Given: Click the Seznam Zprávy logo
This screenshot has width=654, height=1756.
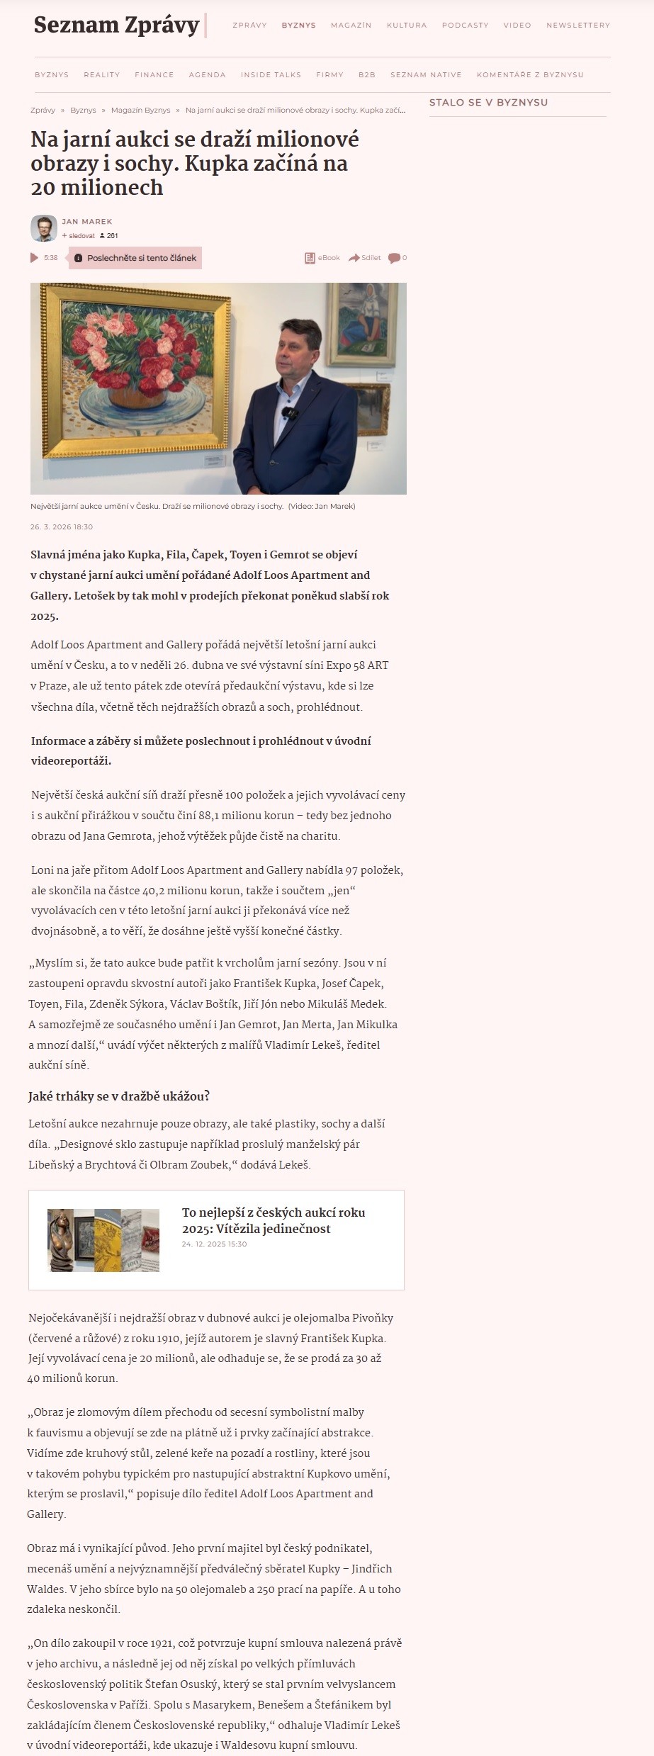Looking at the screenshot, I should pyautogui.click(x=116, y=25).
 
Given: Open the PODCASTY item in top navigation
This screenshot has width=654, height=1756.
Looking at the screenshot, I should pyautogui.click(x=465, y=26).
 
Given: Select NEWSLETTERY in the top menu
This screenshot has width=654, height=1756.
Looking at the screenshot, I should pyautogui.click(x=577, y=26).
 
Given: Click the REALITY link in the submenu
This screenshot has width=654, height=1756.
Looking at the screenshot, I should pyautogui.click(x=101, y=75).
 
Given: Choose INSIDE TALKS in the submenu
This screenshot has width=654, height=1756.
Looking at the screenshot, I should pyautogui.click(x=271, y=75).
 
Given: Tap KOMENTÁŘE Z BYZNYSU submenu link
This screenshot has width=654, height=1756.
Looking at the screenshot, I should pyautogui.click(x=530, y=75).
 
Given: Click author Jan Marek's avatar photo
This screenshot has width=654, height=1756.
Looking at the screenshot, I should pyautogui.click(x=44, y=228).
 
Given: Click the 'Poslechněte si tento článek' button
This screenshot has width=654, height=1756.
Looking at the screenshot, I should pyautogui.click(x=135, y=258).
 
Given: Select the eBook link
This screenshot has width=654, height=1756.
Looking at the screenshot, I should pyautogui.click(x=322, y=258).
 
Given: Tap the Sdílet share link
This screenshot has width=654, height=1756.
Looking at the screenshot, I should pyautogui.click(x=365, y=258).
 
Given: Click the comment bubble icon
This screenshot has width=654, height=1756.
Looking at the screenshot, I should pyautogui.click(x=394, y=258).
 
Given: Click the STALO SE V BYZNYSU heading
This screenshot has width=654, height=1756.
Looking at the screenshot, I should pyautogui.click(x=488, y=103).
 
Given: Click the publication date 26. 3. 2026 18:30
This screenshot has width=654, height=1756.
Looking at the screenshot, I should pyautogui.click(x=62, y=527).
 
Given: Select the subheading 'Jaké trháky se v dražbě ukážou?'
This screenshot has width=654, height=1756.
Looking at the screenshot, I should pyautogui.click(x=119, y=1096).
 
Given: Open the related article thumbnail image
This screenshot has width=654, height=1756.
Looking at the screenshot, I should pyautogui.click(x=103, y=1239).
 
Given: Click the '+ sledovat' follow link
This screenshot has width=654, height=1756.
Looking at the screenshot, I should pyautogui.click(x=79, y=236).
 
